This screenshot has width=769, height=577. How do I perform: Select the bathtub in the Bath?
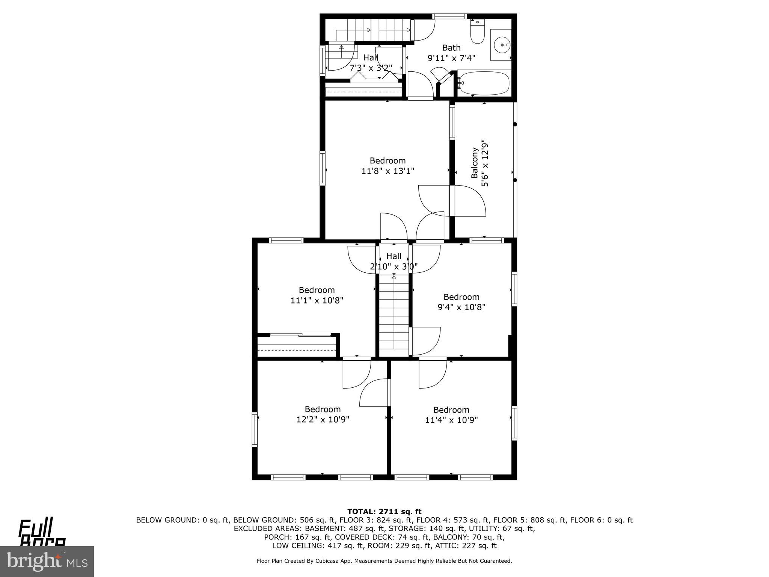[484, 83]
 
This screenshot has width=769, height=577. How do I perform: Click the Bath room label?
[451, 48]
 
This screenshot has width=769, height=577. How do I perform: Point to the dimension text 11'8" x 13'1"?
[388, 171]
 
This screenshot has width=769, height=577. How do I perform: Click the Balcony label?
[475, 163]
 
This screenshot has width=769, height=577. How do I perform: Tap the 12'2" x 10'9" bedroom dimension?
[323, 420]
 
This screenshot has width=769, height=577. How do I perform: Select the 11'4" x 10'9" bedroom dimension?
[451, 420]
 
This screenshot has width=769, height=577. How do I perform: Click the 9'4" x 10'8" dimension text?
[461, 307]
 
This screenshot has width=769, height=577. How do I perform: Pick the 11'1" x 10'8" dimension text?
[317, 301]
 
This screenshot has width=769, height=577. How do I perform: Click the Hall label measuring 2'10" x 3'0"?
[394, 256]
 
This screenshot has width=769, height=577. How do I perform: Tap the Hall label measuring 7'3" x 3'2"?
[371, 58]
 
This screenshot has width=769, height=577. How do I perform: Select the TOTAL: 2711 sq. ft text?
[384, 511]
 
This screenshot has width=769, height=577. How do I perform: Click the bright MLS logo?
[47, 561]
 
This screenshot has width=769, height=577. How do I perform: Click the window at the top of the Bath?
[449, 16]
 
